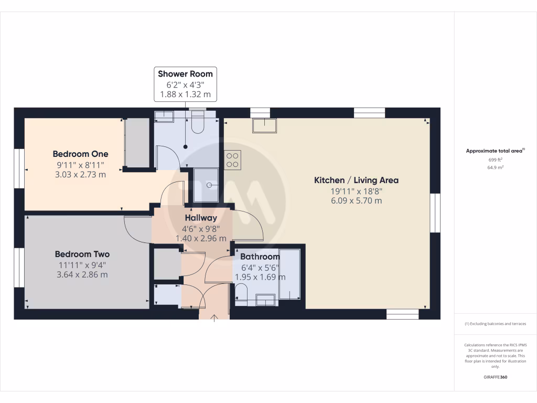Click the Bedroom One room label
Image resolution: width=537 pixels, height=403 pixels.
point(80,154)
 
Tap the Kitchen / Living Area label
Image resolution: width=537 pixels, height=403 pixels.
point(356,180)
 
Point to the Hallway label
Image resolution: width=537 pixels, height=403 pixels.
point(200,218)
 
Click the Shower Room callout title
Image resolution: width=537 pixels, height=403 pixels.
point(185,73)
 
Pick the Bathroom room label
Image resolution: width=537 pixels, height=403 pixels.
point(260,257)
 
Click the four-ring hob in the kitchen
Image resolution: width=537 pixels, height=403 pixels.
point(233,160)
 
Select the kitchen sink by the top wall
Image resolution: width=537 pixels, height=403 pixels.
point(264,125)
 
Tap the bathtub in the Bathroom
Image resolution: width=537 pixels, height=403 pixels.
point(289,274)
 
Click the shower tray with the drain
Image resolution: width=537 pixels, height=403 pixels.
point(207,185)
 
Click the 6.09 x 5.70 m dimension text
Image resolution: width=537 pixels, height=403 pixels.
point(356,200)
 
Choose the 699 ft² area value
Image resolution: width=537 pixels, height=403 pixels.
point(495,160)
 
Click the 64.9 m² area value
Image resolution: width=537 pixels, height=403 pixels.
point(495,167)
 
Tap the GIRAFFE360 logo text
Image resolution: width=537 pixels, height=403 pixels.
point(495,377)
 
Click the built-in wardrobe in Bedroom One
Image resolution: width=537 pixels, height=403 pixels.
point(137,143)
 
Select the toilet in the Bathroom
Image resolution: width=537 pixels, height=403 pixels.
point(241,295)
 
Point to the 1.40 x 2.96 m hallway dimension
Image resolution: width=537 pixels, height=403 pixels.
point(200,238)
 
